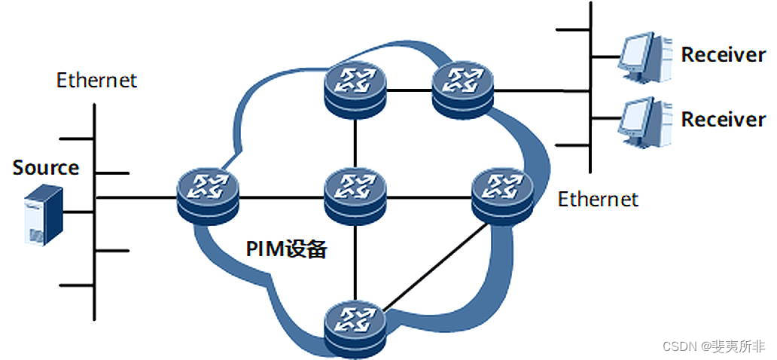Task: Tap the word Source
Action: (46, 167)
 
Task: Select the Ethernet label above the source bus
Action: (97, 80)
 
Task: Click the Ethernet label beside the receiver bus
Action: (598, 199)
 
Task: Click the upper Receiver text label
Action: (723, 55)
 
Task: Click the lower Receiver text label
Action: (723, 120)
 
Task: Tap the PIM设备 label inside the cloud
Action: (286, 249)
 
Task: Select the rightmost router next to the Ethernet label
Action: (501, 194)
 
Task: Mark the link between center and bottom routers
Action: (355, 260)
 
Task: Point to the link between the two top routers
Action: (408, 89)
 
